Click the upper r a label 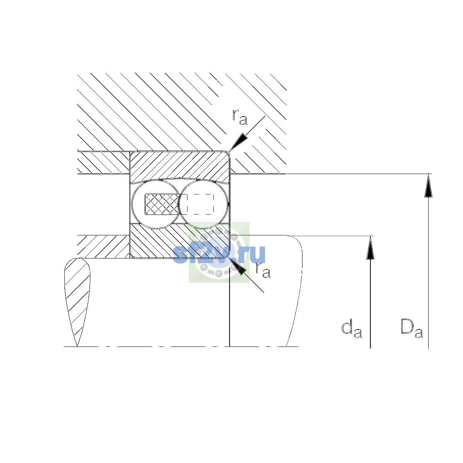click(x=240, y=117)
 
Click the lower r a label click(x=263, y=270)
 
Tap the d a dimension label click(x=351, y=328)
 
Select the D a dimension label click(x=412, y=328)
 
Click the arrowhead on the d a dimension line click(x=370, y=248)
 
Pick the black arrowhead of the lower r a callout click(x=238, y=266)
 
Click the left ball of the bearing click(x=156, y=204)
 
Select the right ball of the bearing click(x=203, y=204)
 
